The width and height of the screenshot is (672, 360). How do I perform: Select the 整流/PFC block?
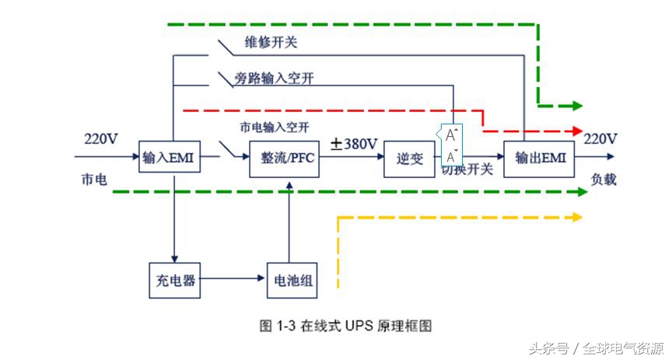(x=284, y=159)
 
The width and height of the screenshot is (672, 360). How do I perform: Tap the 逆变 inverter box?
(x=410, y=159)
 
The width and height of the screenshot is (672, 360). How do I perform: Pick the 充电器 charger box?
(x=173, y=281)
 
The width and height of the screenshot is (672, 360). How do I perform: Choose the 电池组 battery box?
(x=291, y=281)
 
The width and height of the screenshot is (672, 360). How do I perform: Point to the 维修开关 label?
(x=271, y=43)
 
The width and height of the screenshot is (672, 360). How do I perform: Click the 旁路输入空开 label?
(x=281, y=79)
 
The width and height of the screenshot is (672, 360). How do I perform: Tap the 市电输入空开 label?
(x=274, y=126)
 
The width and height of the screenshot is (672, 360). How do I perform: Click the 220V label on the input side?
(x=101, y=139)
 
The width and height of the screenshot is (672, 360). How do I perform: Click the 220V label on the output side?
(x=600, y=139)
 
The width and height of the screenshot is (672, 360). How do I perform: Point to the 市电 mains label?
(x=94, y=179)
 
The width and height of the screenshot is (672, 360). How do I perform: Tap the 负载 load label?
(x=604, y=180)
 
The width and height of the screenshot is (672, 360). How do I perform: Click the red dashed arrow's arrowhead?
(x=576, y=131)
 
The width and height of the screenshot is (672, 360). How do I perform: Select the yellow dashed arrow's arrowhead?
(x=576, y=218)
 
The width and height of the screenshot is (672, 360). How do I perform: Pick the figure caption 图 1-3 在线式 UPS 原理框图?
(x=345, y=325)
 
